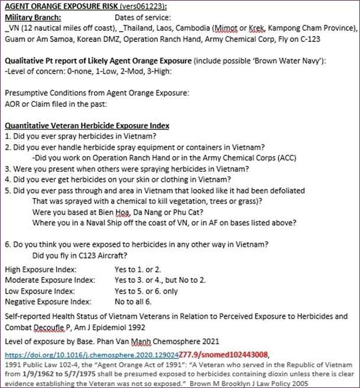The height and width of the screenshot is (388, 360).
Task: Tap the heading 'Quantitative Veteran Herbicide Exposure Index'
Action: point(87,125)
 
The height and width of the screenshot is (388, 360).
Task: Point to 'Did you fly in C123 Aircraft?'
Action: point(87,255)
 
